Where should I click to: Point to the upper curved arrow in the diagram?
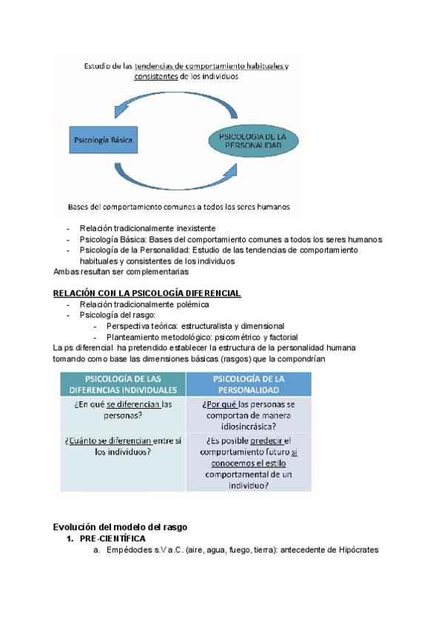pos(178,101)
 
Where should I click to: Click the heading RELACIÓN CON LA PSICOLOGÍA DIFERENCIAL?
pos(147,293)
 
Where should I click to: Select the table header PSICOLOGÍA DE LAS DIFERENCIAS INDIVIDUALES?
pos(123,384)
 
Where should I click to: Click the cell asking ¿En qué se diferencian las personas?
pos(123,410)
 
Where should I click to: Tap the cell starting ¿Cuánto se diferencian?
pos(123,446)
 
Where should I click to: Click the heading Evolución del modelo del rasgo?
pos(121,527)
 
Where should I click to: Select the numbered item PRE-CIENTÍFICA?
pos(112,538)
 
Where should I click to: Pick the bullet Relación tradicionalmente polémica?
pos(144,304)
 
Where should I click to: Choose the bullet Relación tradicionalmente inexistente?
pos(147,228)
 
